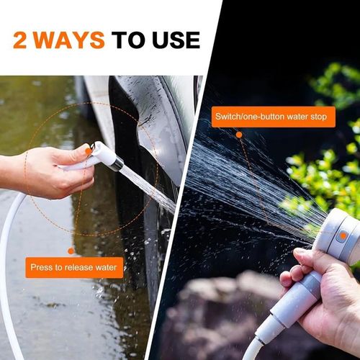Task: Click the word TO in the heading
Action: click(x=127, y=40)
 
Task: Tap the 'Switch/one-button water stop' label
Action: click(x=274, y=117)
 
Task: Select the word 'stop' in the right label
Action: click(x=321, y=117)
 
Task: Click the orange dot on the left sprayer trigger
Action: click(x=88, y=151)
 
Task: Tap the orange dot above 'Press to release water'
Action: click(x=71, y=251)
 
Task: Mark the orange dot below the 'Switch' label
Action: click(x=239, y=135)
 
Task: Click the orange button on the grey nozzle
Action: click(x=343, y=235)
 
